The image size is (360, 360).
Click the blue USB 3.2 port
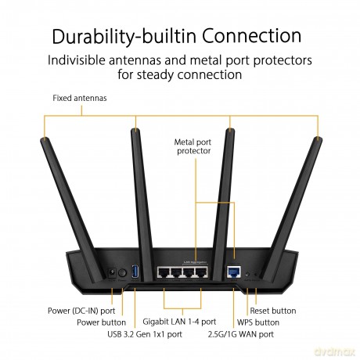tap(135, 272)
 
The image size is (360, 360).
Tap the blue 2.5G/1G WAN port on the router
tap(234, 272)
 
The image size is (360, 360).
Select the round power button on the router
tap(122, 273)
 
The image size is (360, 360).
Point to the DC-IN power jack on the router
tap(112, 273)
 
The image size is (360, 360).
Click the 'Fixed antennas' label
tap(80, 98)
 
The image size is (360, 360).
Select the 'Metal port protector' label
tap(193, 146)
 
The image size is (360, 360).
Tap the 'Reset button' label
tap(273, 311)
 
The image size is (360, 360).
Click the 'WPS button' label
tap(258, 322)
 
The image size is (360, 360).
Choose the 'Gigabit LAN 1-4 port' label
tap(179, 322)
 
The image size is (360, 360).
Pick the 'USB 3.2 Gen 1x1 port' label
tap(145, 334)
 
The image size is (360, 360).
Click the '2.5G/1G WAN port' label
tap(241, 334)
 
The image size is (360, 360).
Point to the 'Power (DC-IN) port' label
tap(81, 311)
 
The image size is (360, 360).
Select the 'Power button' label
tap(101, 322)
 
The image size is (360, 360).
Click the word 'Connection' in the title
tap(252, 36)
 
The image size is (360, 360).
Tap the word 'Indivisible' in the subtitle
tap(76, 60)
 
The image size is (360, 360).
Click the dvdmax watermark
tap(335, 352)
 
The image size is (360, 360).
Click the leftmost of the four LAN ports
tap(164, 272)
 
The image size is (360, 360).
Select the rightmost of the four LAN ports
tap(200, 272)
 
